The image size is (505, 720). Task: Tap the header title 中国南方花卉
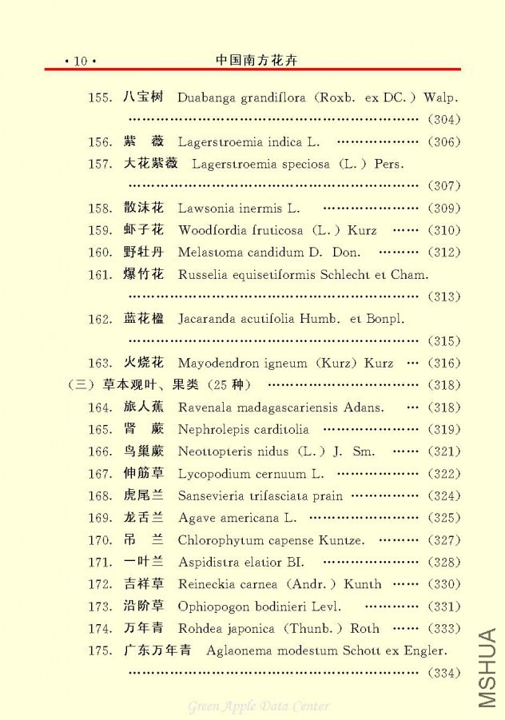click(x=257, y=60)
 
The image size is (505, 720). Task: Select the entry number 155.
click(x=100, y=97)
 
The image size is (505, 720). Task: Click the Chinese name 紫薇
click(x=144, y=141)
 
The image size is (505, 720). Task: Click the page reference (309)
click(x=444, y=209)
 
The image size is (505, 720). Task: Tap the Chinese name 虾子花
click(x=144, y=230)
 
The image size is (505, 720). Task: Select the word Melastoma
click(x=210, y=253)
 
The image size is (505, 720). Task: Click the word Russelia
click(x=202, y=274)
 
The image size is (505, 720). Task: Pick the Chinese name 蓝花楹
click(x=144, y=319)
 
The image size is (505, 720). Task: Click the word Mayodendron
click(x=216, y=363)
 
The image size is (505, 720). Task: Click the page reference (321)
click(x=444, y=451)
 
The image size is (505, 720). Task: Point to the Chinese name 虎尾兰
click(x=144, y=495)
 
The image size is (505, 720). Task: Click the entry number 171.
click(x=100, y=562)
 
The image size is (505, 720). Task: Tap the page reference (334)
click(x=444, y=673)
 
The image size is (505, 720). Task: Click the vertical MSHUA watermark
click(x=487, y=668)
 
